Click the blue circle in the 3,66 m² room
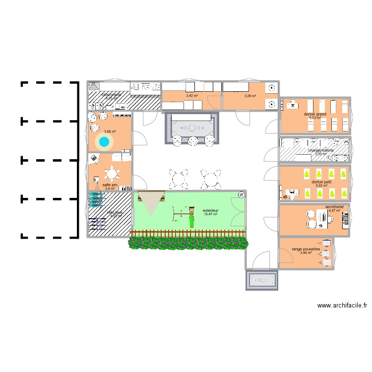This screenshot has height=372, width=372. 104,142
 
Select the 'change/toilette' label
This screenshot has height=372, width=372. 321,150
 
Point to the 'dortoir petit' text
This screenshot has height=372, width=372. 315,182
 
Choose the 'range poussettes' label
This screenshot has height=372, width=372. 306,249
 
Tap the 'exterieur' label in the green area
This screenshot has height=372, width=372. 210,210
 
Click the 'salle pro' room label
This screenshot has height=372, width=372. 110,185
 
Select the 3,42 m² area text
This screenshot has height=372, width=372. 192,96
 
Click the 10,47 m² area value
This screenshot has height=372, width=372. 210,214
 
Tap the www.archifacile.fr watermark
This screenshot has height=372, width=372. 342,307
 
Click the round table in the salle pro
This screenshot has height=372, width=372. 112,174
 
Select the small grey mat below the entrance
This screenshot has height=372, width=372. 261,280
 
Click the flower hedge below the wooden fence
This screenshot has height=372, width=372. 188,243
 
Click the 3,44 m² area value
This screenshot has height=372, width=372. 306,253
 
